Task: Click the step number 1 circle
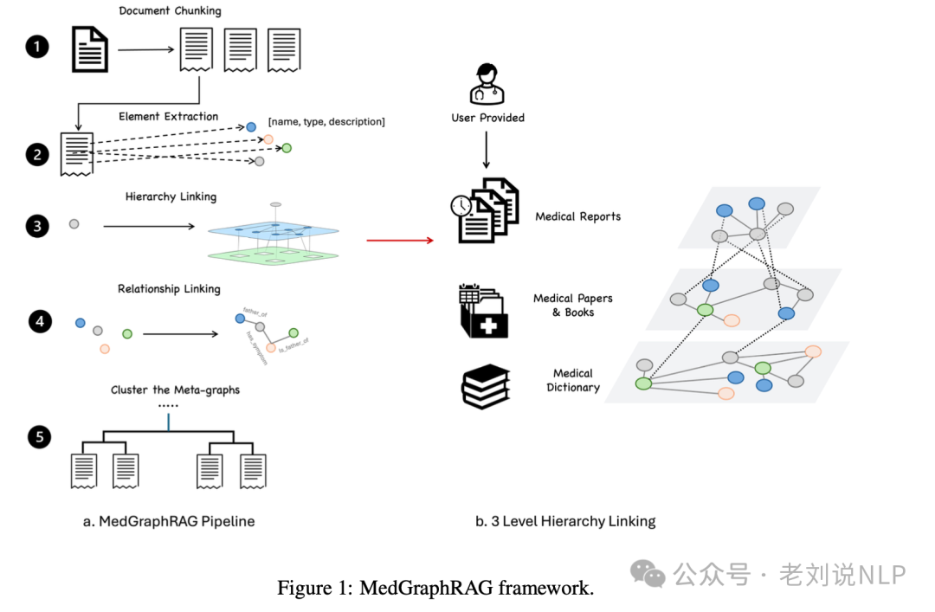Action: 37,47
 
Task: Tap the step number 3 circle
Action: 37,227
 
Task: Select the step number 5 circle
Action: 39,437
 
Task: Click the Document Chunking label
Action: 170,11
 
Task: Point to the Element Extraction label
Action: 169,116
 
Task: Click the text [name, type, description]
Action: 326,122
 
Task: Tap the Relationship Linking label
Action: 169,289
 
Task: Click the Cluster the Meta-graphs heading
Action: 175,390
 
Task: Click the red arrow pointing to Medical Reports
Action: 400,239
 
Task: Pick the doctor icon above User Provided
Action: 487,83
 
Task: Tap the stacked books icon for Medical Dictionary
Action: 485,387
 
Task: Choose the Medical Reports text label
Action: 577,216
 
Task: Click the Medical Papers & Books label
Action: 572,305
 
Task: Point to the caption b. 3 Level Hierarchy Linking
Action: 565,521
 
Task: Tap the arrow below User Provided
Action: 487,150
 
